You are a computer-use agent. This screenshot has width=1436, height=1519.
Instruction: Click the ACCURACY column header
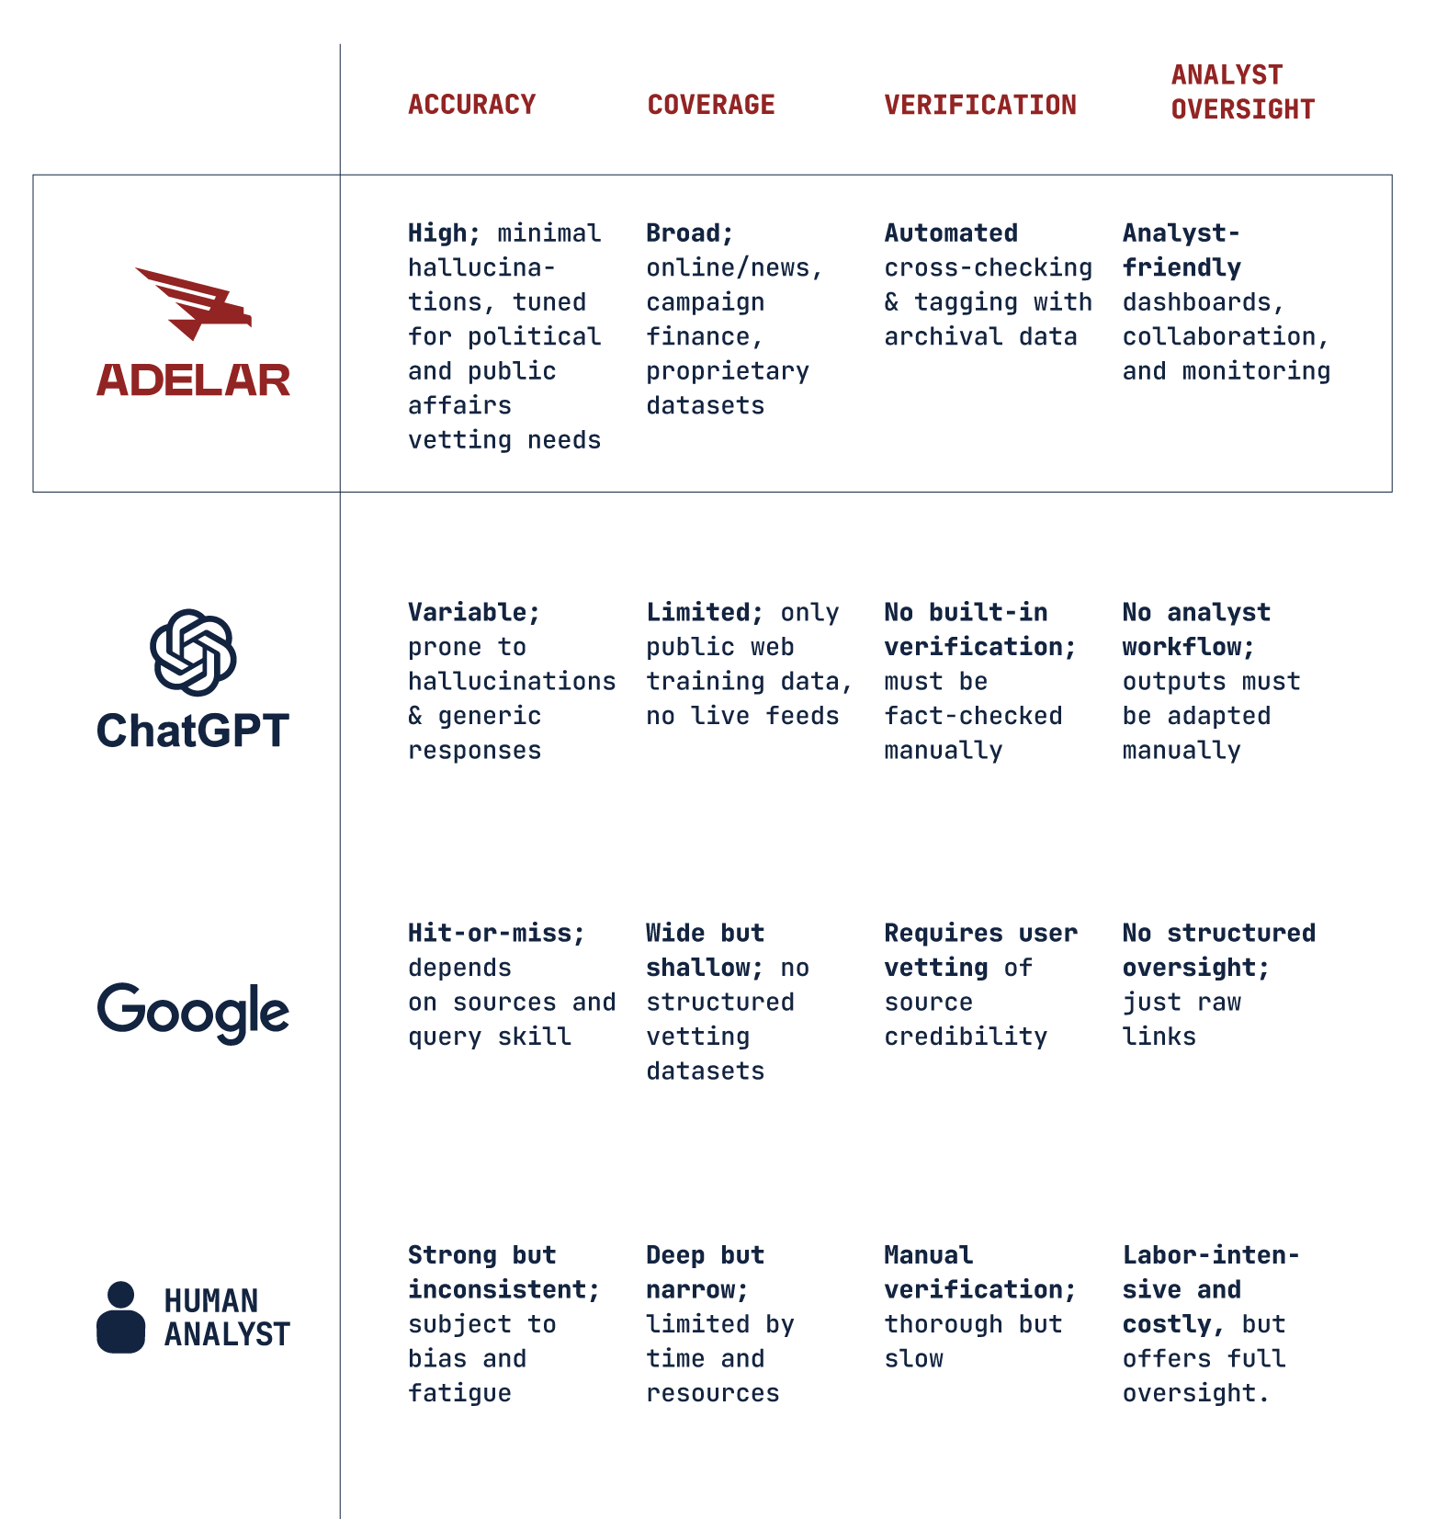click(x=471, y=105)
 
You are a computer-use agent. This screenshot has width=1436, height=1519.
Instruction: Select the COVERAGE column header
click(x=711, y=105)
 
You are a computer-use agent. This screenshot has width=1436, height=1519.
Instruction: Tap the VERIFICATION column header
click(x=980, y=105)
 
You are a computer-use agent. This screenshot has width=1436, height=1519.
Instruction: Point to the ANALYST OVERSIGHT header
click(x=1242, y=92)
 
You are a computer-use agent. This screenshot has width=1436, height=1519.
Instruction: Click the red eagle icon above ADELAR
click(x=194, y=303)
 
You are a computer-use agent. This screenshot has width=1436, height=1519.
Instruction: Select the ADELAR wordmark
click(x=194, y=380)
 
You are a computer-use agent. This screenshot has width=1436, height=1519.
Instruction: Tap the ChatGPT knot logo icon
click(x=193, y=652)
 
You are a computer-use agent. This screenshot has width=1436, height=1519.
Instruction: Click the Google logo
click(x=193, y=1012)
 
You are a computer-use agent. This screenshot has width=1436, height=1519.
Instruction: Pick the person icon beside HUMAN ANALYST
click(x=121, y=1317)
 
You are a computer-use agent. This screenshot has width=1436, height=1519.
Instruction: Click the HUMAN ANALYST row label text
click(x=226, y=1317)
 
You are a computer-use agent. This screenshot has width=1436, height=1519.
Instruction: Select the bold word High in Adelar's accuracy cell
click(x=437, y=233)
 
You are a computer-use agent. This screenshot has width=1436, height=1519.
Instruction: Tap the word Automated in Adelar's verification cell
click(x=951, y=233)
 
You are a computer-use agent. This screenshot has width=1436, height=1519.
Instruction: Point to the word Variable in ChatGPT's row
click(x=468, y=613)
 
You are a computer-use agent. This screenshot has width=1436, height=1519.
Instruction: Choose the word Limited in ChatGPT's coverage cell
click(x=698, y=613)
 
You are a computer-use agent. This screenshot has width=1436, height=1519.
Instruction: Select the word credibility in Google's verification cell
click(x=966, y=1037)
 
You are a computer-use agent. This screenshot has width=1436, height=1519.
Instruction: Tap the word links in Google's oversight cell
click(x=1159, y=1037)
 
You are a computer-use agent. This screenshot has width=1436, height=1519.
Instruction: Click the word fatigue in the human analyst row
click(x=459, y=1393)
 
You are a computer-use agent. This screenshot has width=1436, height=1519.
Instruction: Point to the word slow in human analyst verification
click(x=913, y=1359)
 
